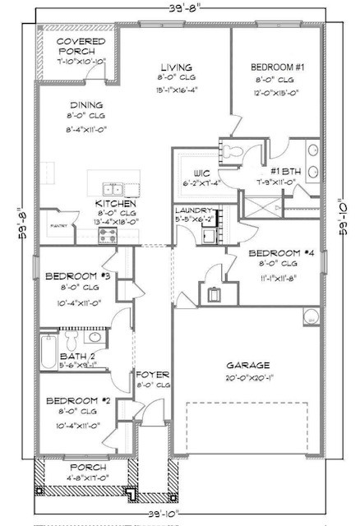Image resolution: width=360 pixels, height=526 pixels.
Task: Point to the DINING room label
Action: coord(85,105)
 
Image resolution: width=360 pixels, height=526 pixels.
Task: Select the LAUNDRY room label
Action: coord(196,210)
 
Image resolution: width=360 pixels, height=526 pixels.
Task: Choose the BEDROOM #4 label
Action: coord(276,253)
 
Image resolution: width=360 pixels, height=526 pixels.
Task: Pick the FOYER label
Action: coord(153,373)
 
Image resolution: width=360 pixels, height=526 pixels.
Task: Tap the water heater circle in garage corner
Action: coord(311,317)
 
